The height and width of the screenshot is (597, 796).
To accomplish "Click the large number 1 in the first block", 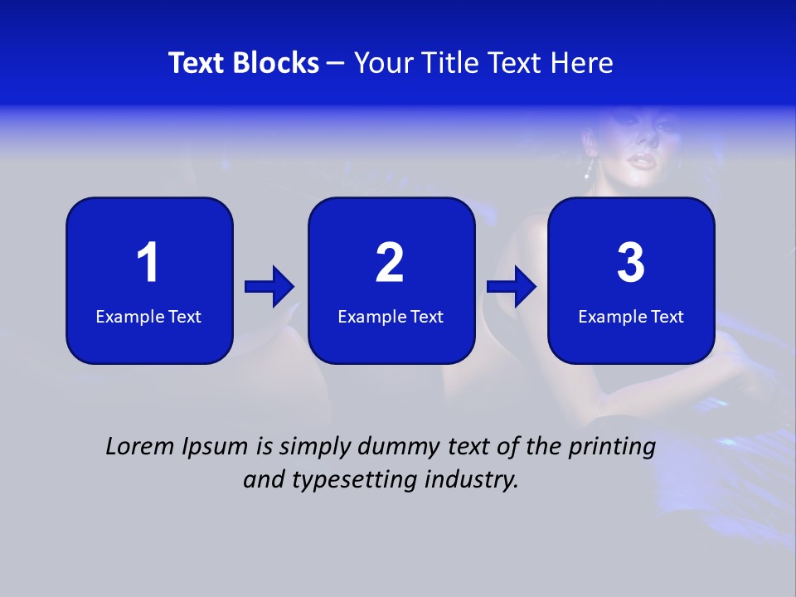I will [148, 263].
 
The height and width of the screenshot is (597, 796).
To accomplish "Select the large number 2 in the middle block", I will [390, 263].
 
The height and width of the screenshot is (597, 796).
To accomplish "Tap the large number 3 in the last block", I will [631, 263].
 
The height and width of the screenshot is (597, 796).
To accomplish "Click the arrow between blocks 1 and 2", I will [269, 287].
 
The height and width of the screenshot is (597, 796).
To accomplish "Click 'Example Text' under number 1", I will [148, 317].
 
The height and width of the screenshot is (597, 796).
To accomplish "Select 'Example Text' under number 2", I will [391, 317].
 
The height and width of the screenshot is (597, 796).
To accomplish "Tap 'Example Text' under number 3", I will [631, 317].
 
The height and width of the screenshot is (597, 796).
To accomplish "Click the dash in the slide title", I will [336, 64].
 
